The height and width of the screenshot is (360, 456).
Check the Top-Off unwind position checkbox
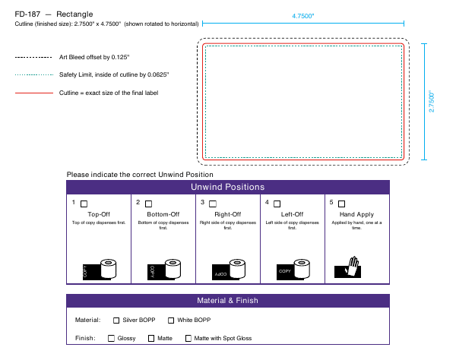point(84,204)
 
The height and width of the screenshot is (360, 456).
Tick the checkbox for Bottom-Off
point(149,204)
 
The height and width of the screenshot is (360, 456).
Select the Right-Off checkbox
point(213,204)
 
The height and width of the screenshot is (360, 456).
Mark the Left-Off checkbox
point(277,204)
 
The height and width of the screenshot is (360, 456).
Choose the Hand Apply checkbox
point(342,204)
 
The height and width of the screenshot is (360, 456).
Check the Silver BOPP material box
point(116,321)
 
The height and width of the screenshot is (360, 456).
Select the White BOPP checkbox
point(171,321)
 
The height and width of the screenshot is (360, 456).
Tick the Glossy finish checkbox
point(111,339)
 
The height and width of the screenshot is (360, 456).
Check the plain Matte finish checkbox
point(151,339)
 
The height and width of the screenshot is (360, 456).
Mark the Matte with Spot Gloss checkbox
point(188,339)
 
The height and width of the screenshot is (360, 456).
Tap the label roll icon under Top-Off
point(100,270)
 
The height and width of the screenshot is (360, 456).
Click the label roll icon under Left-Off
point(293,270)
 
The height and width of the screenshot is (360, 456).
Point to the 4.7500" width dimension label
point(303,16)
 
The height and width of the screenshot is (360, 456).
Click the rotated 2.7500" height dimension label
point(431,101)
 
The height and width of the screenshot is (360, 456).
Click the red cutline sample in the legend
point(34,93)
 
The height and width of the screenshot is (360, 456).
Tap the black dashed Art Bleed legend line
point(33,57)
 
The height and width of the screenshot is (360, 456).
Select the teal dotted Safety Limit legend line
point(34,75)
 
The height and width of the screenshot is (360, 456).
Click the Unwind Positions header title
point(228,187)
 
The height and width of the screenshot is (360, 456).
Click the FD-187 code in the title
point(27,14)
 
